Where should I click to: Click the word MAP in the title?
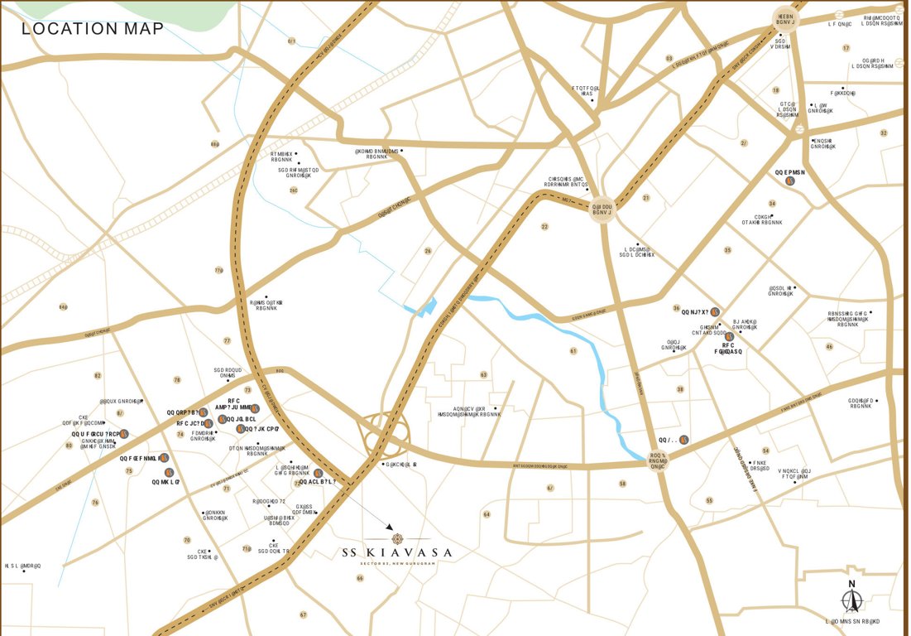[143, 29]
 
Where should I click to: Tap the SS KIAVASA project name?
[397, 552]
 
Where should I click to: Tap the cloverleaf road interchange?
[383, 431]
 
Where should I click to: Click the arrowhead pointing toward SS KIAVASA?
[389, 527]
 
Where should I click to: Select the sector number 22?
[544, 226]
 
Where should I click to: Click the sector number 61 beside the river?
[573, 351]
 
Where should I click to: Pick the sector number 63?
[483, 375]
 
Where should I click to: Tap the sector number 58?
[622, 483]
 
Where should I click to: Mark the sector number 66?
[360, 577]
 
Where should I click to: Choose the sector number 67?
[303, 614]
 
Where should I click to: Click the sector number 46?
[829, 346]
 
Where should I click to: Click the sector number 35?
[727, 250]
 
